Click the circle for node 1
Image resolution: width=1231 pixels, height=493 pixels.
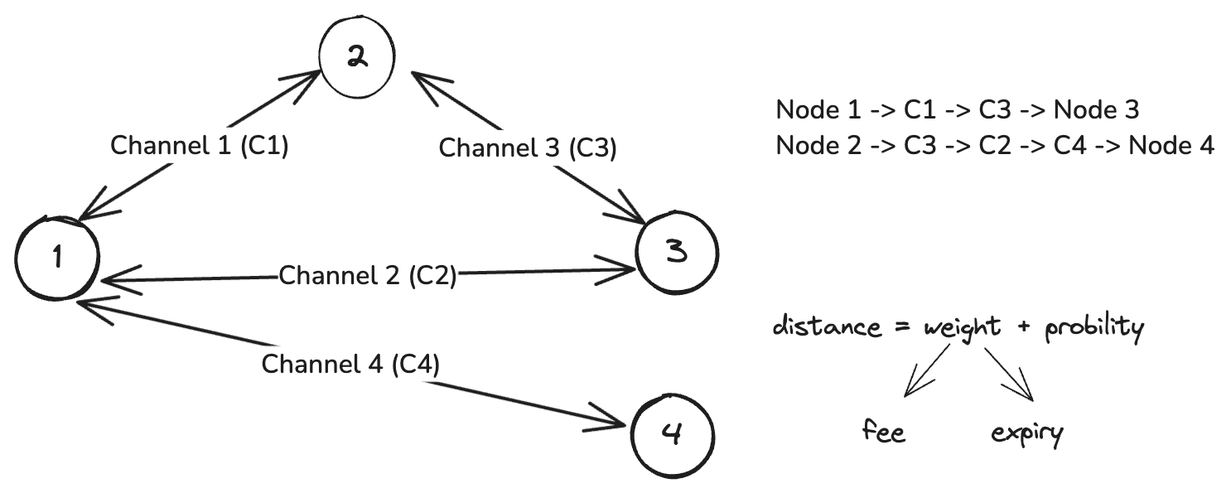coord(57,258)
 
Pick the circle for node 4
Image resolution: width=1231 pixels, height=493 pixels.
coord(672,434)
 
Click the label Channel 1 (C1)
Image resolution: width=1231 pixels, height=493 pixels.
coord(199,146)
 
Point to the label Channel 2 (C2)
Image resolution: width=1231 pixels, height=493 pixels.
coord(368,275)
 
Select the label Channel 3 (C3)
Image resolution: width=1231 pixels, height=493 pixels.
coord(528,149)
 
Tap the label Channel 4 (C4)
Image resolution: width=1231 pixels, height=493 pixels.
coord(350,364)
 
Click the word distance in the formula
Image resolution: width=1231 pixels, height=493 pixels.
coord(826,326)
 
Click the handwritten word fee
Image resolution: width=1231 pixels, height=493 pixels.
coord(884,432)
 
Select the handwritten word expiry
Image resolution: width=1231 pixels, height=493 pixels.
coord(1026,433)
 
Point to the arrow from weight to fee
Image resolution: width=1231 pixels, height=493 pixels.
coord(927,370)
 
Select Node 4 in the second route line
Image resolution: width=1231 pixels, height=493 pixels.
coord(1172,146)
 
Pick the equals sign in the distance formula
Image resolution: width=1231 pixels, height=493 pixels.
coord(901,327)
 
